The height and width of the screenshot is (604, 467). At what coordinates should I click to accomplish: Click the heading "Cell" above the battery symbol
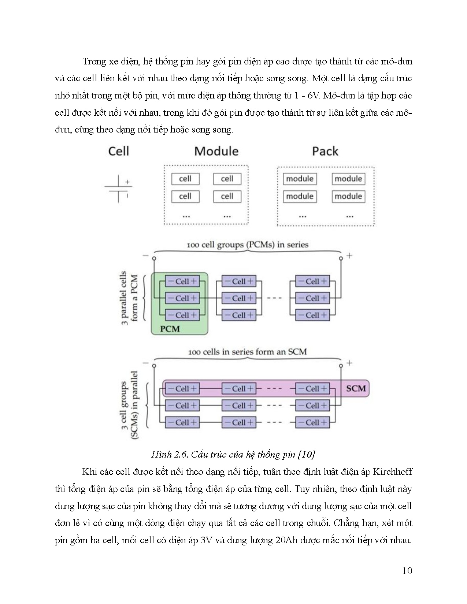(x=118, y=151)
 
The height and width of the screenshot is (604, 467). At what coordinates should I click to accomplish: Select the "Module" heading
(x=216, y=151)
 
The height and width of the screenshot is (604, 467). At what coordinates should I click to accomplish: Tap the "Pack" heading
(x=325, y=151)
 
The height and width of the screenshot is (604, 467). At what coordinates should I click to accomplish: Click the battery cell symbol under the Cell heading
(x=118, y=189)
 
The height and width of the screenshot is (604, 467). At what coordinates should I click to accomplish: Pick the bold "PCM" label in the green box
(x=170, y=329)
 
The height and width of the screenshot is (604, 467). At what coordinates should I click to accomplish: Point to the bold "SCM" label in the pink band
(x=356, y=388)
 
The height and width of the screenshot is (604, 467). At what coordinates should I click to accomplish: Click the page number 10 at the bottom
(x=407, y=571)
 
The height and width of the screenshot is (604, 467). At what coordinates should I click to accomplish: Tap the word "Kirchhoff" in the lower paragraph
(x=392, y=471)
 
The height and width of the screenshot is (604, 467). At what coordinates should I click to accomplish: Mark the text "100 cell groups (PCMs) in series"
(x=247, y=245)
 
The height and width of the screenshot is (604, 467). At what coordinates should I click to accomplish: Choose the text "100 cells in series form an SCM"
(x=247, y=352)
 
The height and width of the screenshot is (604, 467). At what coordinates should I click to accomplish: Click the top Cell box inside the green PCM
(x=182, y=282)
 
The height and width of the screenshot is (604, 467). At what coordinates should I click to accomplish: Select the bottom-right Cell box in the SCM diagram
(x=312, y=422)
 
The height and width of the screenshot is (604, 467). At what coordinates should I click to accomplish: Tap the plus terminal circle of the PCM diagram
(x=341, y=258)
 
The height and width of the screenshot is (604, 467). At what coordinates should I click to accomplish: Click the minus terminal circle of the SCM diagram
(x=154, y=366)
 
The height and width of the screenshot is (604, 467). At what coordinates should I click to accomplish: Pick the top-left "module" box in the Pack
(x=300, y=179)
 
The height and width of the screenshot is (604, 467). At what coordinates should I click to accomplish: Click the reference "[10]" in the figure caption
(x=307, y=455)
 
